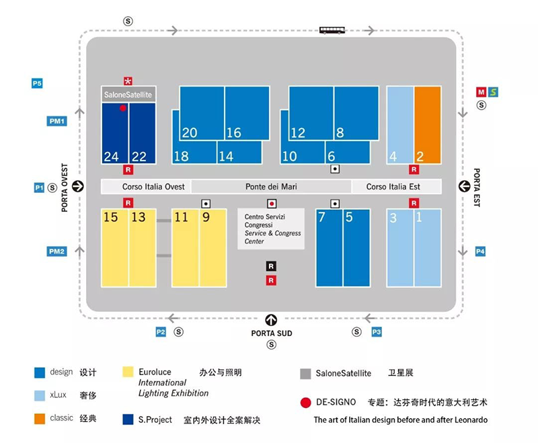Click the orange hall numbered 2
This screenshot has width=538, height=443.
coord(428,125)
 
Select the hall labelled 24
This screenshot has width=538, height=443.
coord(115,133)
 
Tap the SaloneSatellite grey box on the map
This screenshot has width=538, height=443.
coord(128,94)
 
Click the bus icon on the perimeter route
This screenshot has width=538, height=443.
coord(332,30)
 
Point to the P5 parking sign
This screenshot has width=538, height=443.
coord(37,83)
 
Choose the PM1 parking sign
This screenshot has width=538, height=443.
coord(56,121)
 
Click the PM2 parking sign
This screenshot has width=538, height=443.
coord(56,251)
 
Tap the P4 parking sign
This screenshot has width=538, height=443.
coord(480,251)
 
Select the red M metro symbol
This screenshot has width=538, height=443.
coord(481,92)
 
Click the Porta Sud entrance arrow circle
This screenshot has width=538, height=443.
coord(271,320)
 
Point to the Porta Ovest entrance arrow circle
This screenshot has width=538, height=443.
coord(78,186)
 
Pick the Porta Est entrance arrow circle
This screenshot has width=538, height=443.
coord(464,186)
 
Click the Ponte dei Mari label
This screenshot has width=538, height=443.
coord(271,186)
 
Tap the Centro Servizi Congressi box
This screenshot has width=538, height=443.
coord(271,229)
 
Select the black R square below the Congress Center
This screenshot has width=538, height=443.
coord(271,266)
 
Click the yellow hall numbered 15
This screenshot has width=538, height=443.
coord(115,248)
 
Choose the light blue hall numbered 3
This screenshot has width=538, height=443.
coord(400,248)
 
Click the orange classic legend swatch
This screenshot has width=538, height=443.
coord(40,419)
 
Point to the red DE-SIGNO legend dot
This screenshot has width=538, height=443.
coord(305,403)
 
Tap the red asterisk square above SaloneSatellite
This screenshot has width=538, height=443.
coord(128,81)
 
